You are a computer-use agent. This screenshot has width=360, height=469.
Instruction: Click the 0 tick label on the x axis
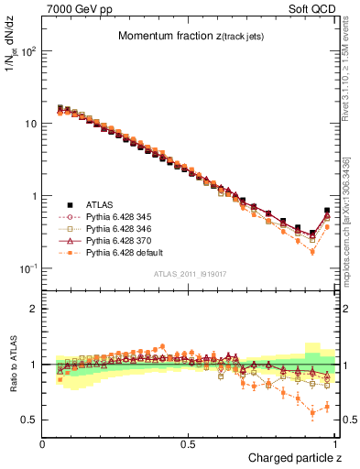tap(43, 444)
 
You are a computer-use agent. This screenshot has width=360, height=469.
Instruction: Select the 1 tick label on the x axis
tap(334, 444)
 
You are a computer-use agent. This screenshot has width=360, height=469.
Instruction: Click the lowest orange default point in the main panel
tap(312, 251)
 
